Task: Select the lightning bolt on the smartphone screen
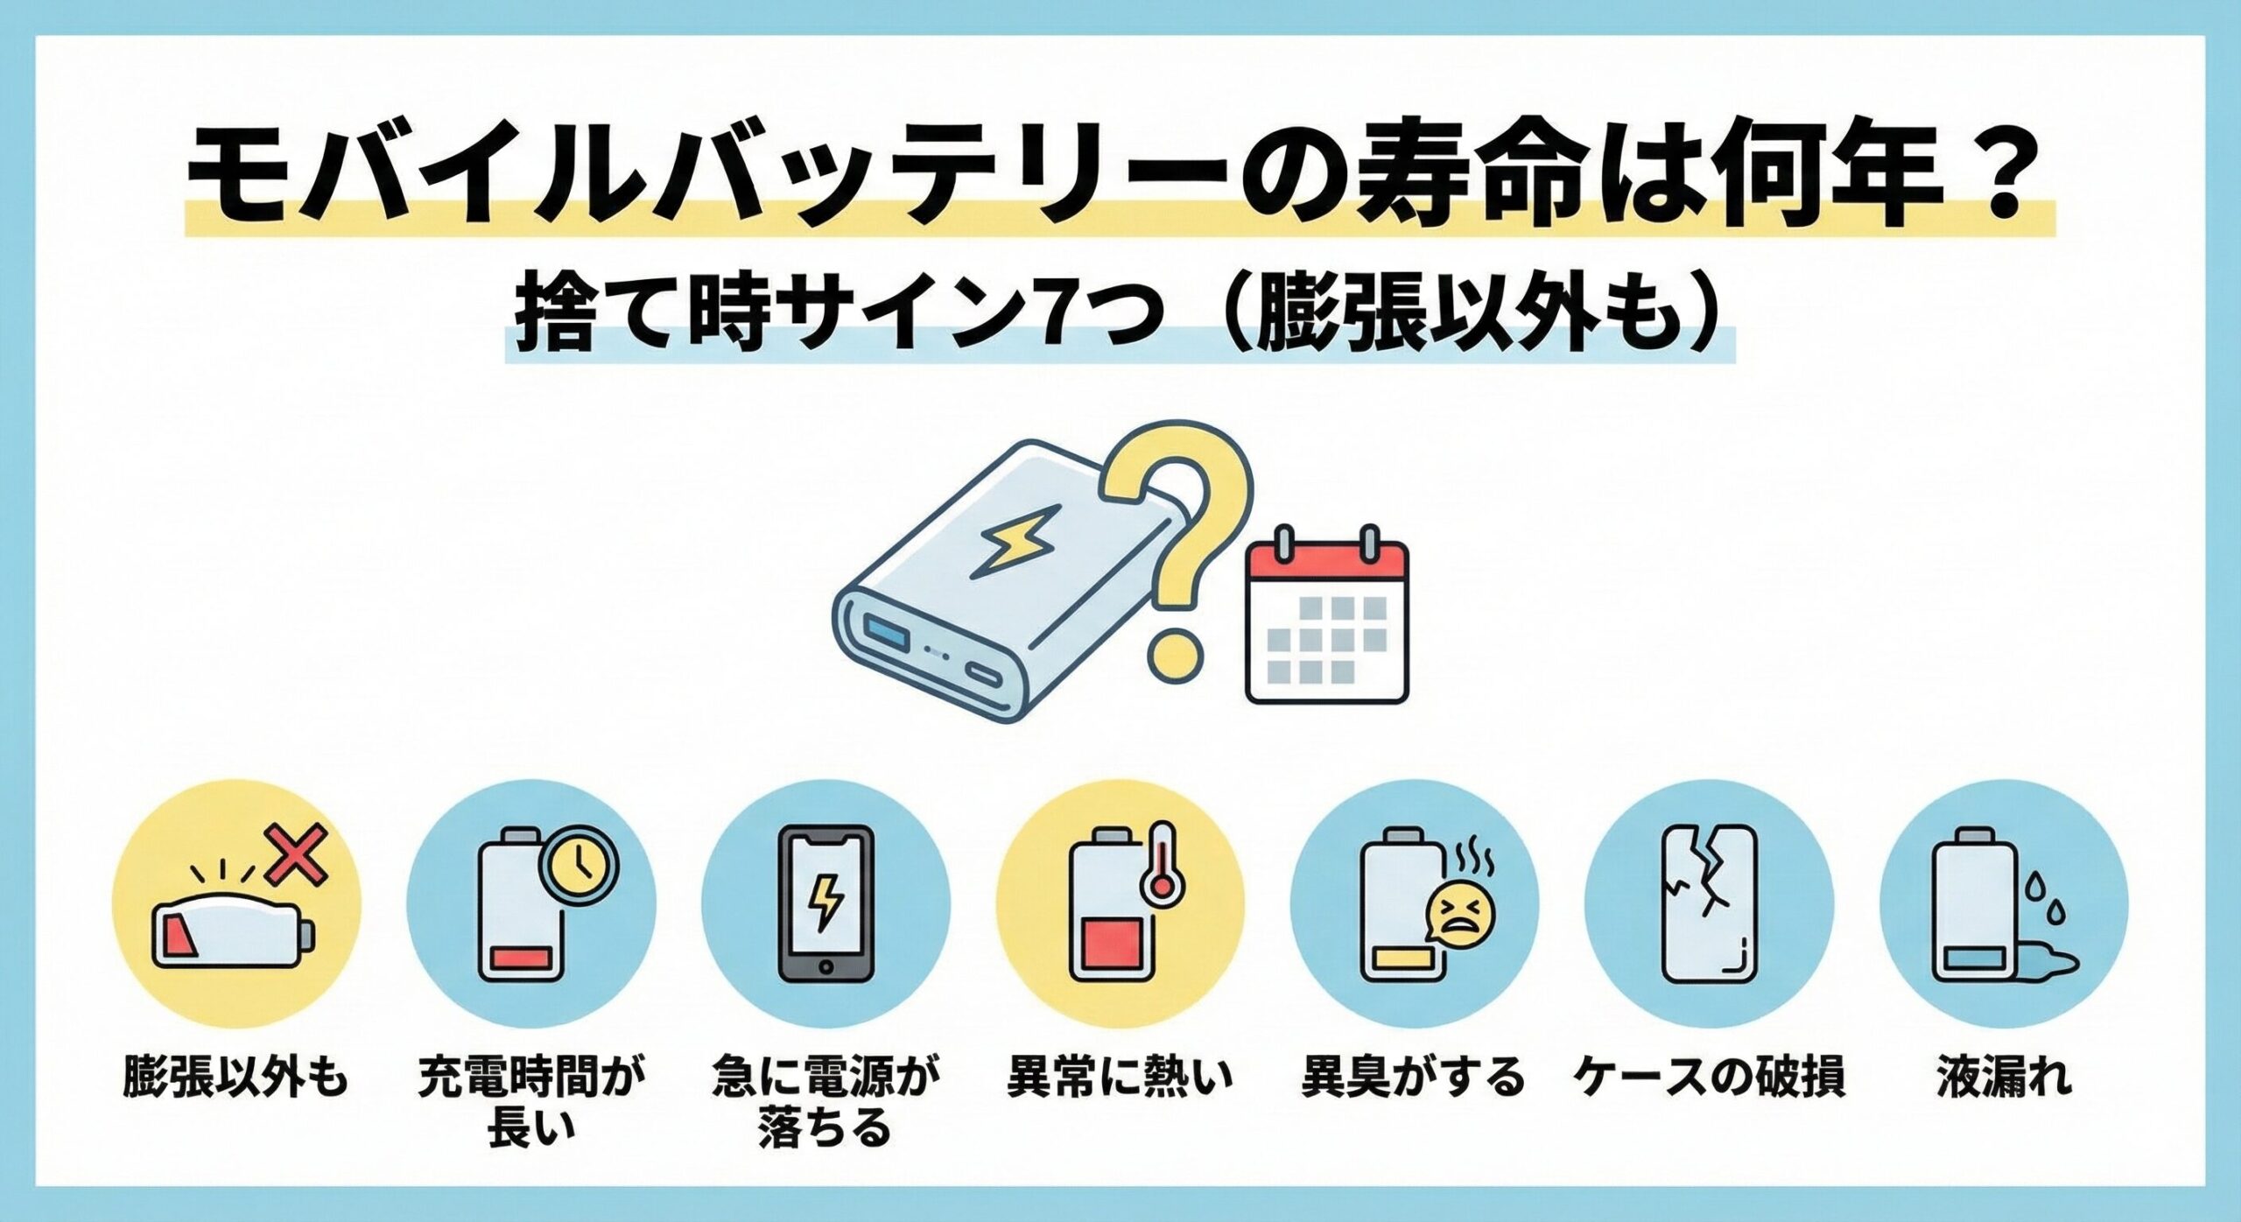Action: [825, 902]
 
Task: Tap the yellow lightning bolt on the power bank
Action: [1012, 544]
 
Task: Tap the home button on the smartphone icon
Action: [825, 966]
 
